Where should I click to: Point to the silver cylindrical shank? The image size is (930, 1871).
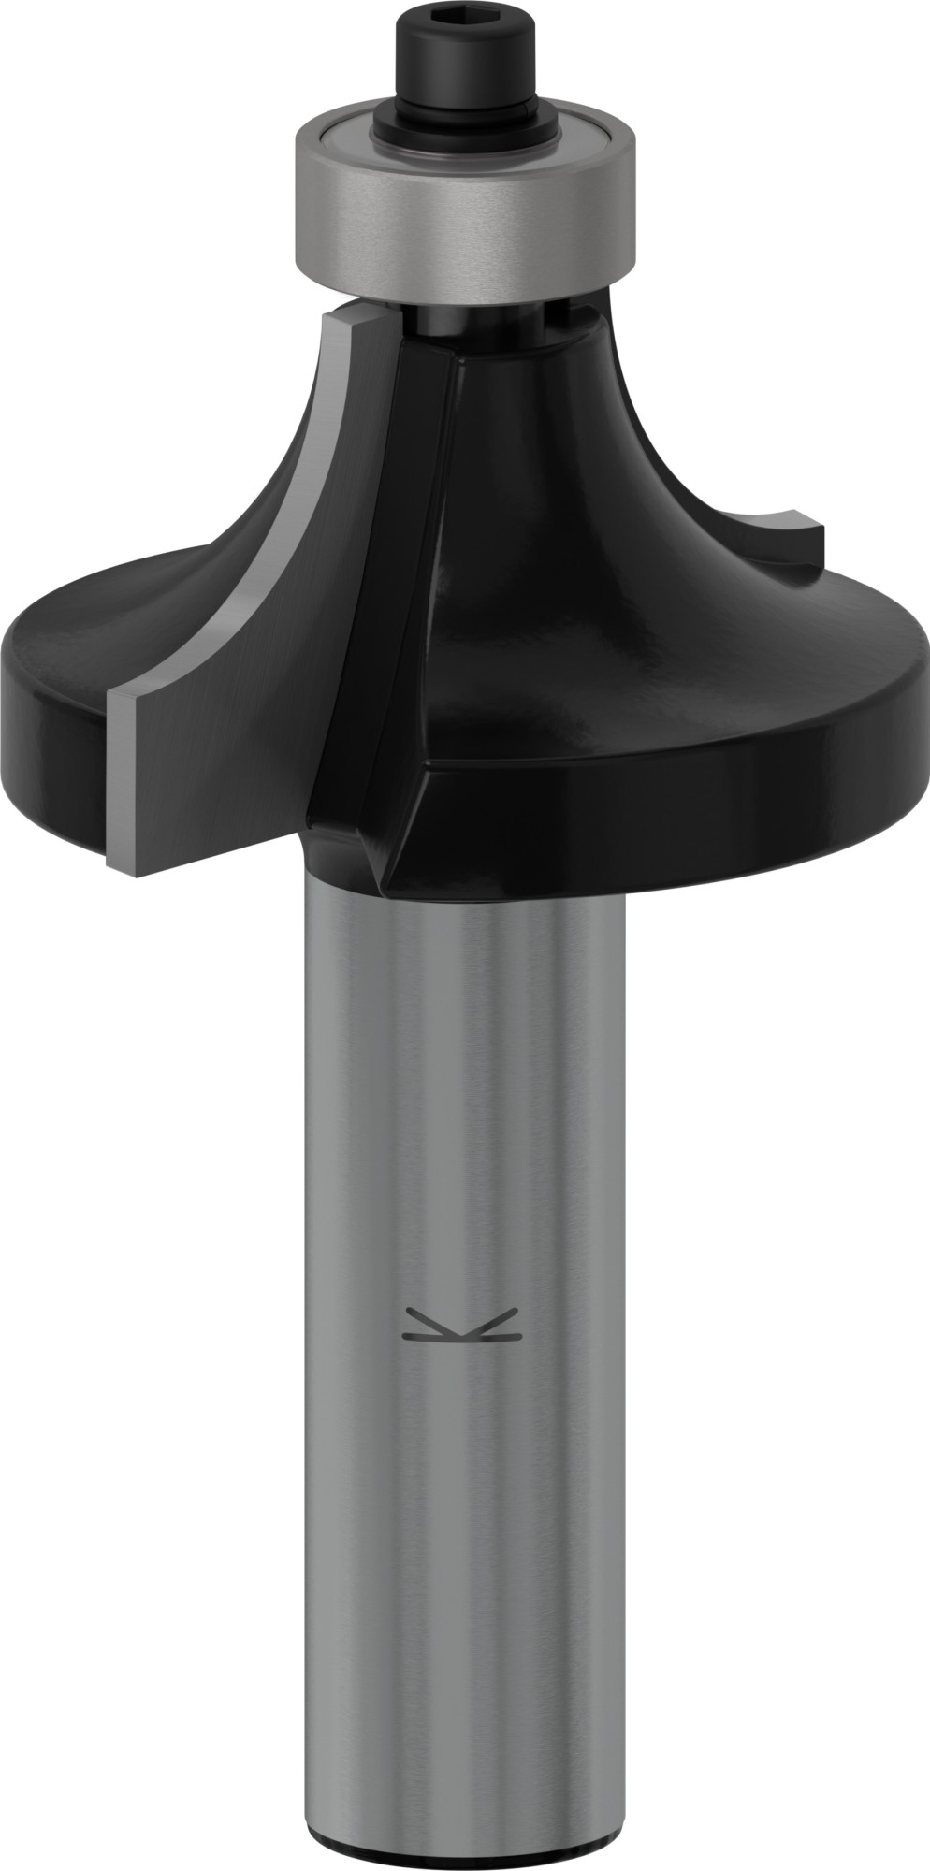tap(465, 1123)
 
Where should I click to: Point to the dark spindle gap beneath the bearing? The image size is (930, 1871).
tap(468, 318)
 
